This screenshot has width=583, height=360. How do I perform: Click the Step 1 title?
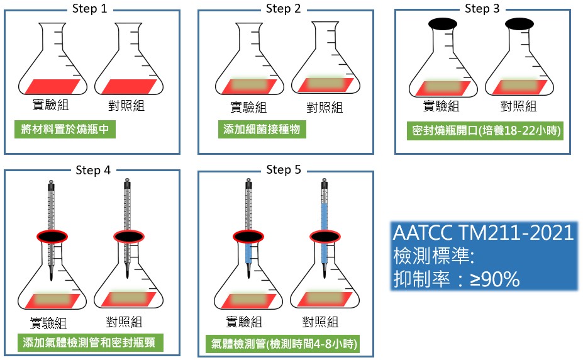click(x=89, y=9)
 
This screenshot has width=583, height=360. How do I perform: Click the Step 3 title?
click(x=482, y=9)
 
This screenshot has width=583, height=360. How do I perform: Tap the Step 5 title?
click(x=283, y=170)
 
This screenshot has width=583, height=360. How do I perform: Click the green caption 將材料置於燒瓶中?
click(x=65, y=130)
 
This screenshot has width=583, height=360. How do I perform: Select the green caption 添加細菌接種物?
click(x=262, y=130)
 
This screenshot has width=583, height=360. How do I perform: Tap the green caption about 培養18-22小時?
click(x=486, y=130)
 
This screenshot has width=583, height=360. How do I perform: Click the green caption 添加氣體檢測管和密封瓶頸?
click(x=91, y=342)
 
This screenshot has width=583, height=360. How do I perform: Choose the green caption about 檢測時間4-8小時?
click(x=283, y=343)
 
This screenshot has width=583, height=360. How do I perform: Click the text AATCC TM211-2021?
click(x=484, y=233)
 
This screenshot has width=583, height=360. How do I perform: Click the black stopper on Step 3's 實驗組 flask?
click(x=443, y=24)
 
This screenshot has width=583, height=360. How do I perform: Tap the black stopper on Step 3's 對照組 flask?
click(x=519, y=24)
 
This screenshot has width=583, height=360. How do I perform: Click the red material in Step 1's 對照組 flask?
click(x=129, y=86)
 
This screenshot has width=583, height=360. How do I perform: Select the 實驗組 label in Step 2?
click(x=248, y=107)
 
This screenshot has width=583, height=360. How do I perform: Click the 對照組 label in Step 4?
click(x=124, y=322)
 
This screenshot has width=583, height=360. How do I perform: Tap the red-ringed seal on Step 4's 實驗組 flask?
click(x=52, y=237)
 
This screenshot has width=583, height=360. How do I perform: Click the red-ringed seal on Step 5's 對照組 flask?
click(x=325, y=237)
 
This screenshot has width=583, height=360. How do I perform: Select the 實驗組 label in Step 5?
click(x=244, y=322)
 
